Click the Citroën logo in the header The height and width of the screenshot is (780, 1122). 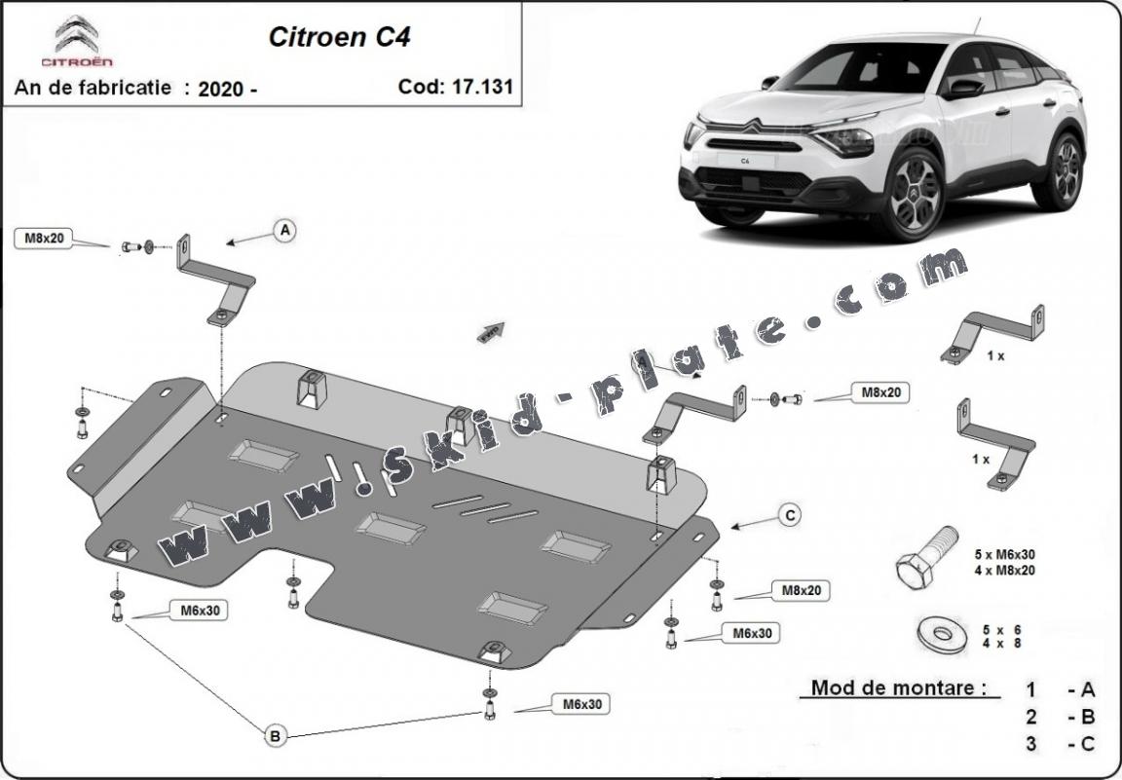tap(77, 42)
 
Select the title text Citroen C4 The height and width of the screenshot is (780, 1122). tap(339, 37)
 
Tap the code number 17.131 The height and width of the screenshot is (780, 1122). tap(481, 87)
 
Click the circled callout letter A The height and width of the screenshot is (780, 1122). tap(284, 231)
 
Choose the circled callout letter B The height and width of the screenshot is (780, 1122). tap(276, 735)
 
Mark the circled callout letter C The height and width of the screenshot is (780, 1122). tap(789, 515)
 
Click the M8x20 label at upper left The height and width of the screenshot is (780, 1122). tap(44, 239)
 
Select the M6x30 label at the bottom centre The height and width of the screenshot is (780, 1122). tap(581, 704)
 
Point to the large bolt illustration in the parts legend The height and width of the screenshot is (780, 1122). tap(925, 557)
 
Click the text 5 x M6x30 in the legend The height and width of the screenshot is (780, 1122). tap(1005, 555)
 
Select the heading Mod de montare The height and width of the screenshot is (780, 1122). tap(894, 687)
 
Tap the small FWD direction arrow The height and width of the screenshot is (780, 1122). tap(491, 332)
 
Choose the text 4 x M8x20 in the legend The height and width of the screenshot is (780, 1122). tap(1005, 571)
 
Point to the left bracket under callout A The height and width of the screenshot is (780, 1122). tap(215, 280)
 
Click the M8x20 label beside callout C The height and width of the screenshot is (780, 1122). tap(801, 591)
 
